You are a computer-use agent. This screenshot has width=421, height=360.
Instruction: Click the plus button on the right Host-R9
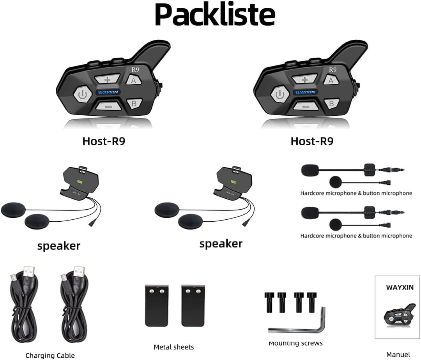(x=304, y=79)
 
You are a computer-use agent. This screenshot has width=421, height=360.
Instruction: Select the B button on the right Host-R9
(x=331, y=103)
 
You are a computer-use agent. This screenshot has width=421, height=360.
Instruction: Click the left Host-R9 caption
(x=104, y=141)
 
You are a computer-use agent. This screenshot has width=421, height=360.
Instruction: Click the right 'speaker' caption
(x=221, y=244)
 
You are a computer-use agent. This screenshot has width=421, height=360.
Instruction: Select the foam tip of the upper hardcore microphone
(x=310, y=170)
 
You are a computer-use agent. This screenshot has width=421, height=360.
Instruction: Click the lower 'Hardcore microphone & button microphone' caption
(x=356, y=236)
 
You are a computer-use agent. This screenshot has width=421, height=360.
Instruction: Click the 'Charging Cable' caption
(x=50, y=355)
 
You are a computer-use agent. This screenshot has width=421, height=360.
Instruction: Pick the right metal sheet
(x=193, y=305)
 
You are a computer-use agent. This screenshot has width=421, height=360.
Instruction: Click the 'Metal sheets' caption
(x=173, y=347)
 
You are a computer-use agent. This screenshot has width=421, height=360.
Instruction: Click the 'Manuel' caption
(x=398, y=354)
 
